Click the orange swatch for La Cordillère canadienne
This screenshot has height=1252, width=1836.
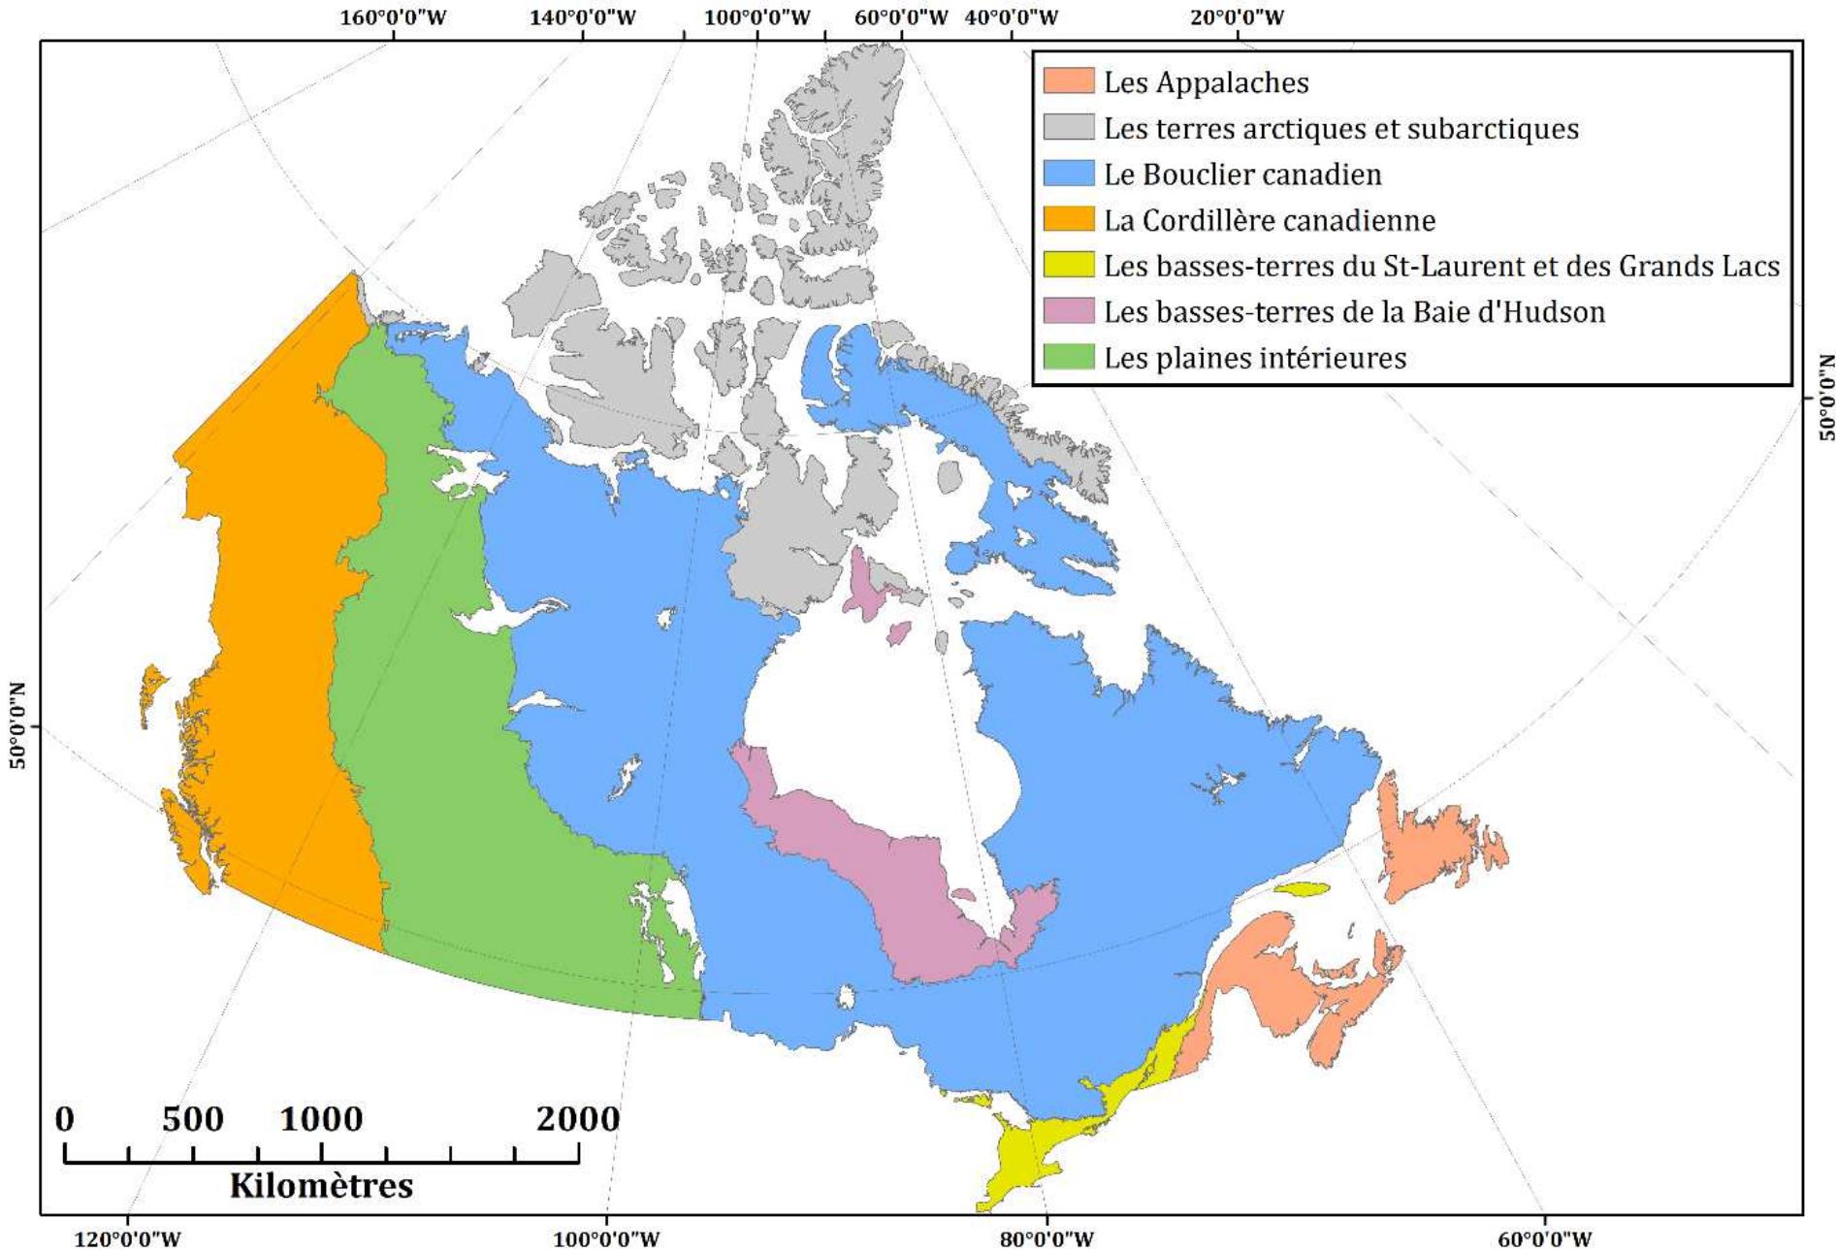[x=1068, y=219]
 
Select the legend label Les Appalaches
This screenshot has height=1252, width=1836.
[x=1206, y=82]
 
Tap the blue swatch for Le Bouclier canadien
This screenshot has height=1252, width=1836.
[x=1068, y=174]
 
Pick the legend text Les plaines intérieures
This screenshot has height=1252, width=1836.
[x=1254, y=358]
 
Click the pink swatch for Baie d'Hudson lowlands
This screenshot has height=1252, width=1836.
[x=1068, y=311]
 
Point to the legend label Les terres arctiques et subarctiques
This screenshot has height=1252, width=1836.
[x=1340, y=128]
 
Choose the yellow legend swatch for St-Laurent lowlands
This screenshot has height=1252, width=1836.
[x=1068, y=266]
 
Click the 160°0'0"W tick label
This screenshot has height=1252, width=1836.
[x=393, y=17]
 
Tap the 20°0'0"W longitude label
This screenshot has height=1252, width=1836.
[x=1237, y=17]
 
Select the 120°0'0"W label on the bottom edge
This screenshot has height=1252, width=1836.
[x=127, y=1238]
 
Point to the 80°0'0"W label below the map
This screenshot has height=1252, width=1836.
[x=1047, y=1238]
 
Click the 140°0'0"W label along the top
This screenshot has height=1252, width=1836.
[x=582, y=17]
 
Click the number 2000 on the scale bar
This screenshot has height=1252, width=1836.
[x=577, y=1119]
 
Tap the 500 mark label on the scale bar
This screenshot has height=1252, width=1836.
[x=192, y=1119]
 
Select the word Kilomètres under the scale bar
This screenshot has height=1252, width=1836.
[x=321, y=1185]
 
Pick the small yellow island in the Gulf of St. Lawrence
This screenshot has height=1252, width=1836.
[x=1300, y=888]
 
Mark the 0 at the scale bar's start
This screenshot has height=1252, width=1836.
[x=64, y=1119]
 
